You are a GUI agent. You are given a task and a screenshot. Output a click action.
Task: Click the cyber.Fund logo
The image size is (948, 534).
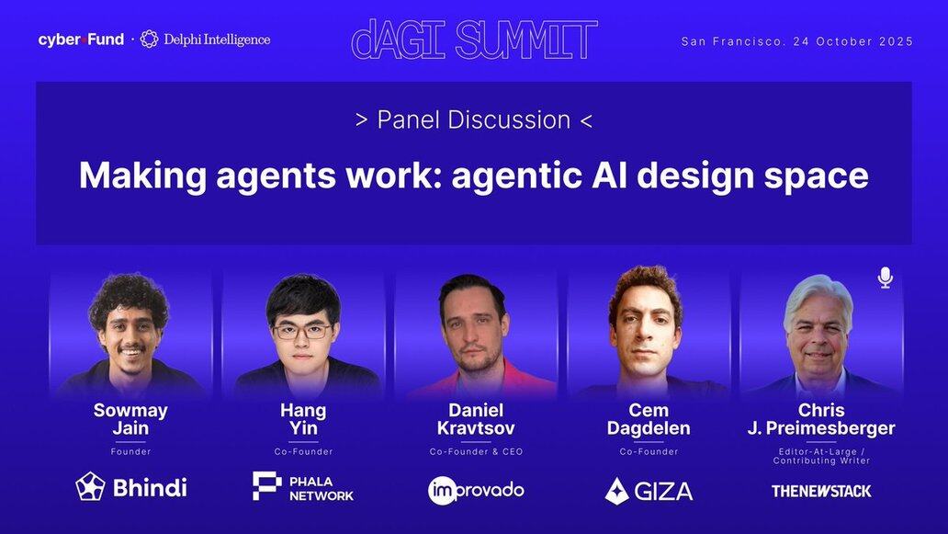tap(81, 40)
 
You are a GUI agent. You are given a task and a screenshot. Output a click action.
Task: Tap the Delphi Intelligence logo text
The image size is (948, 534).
tap(217, 40)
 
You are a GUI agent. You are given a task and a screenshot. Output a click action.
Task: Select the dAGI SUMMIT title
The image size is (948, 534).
tap(475, 40)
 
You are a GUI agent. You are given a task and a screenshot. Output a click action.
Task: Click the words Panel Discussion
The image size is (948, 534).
tap(474, 119)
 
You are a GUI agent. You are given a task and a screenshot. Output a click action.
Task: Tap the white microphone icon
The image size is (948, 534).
tap(886, 277)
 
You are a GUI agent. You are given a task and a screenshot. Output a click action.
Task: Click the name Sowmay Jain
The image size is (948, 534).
tap(130, 419)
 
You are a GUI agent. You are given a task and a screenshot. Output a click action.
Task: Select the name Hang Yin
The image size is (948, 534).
tap(303, 419)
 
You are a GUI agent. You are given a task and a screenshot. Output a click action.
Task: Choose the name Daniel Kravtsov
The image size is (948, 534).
tap(476, 419)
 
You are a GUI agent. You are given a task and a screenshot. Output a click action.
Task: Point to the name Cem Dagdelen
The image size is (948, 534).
tap(649, 419)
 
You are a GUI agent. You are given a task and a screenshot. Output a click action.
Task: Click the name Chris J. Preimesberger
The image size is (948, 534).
tap(821, 419)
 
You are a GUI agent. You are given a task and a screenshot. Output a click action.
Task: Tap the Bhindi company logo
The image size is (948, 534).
tap(131, 487)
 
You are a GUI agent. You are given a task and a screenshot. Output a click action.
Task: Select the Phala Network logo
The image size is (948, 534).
tap(303, 487)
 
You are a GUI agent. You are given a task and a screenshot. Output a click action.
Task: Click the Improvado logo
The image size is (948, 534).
tap(476, 491)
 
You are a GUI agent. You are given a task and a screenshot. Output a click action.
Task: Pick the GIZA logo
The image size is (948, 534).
tap(649, 491)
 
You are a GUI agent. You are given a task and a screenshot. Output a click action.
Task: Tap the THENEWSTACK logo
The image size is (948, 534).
tap(821, 491)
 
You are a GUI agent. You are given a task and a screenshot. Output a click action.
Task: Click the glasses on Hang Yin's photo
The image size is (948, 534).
tap(302, 332)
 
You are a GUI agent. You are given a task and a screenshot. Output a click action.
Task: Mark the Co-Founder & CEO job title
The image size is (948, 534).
tap(476, 452)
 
